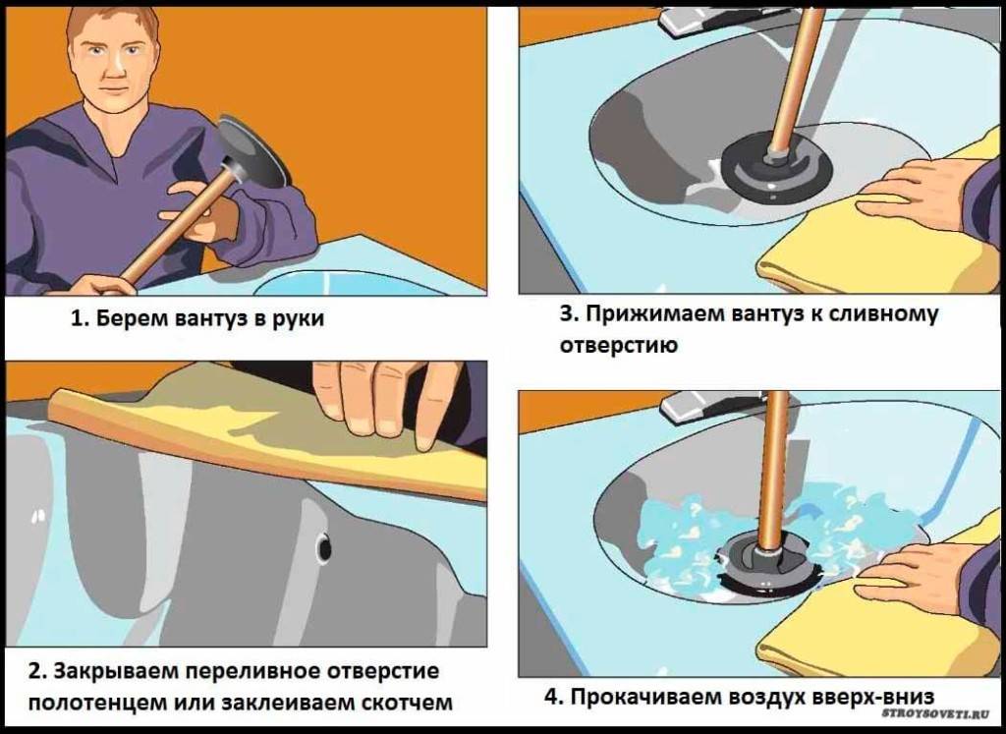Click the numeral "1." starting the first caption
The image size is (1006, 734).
point(80,319)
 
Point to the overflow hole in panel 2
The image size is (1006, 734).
point(323,548)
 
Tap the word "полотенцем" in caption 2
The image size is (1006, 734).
point(94,703)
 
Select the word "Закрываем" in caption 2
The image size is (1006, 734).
point(113,672)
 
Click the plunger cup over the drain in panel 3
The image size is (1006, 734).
point(776,167)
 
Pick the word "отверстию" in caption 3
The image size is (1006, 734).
point(619,345)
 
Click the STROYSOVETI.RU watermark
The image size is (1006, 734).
point(935,712)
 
